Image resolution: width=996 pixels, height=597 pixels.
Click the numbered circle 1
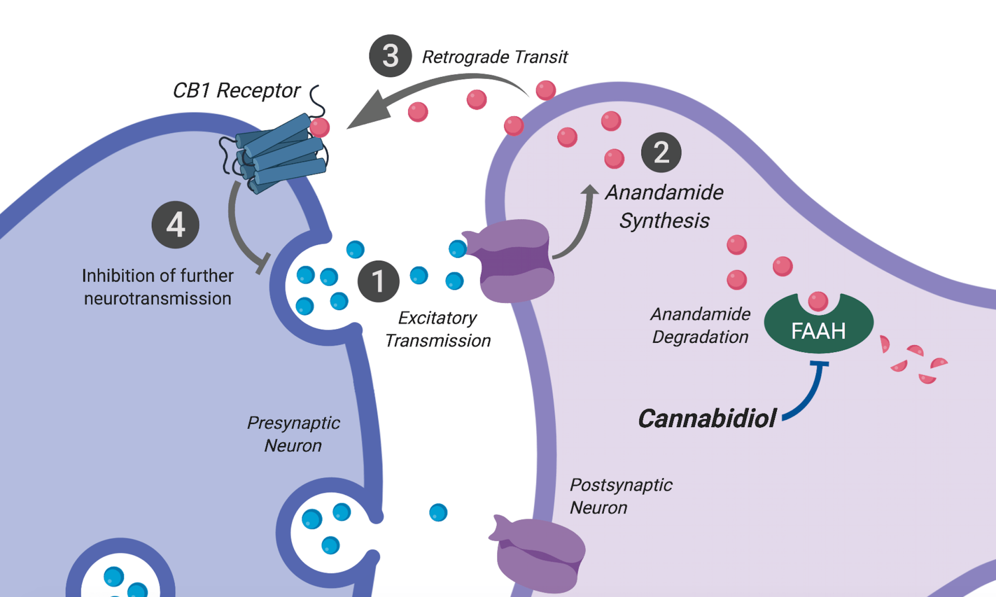tap(378, 281)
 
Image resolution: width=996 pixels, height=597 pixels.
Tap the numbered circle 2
tap(661, 152)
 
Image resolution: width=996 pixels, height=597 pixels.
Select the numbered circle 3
tap(390, 56)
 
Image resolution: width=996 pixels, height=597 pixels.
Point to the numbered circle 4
tap(175, 224)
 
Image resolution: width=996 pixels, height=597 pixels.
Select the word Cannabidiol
tap(707, 418)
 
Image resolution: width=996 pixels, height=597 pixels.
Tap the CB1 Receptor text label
tap(236, 91)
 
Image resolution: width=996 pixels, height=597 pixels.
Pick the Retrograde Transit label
tap(495, 57)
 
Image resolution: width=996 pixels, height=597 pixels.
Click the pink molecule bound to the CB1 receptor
tap(320, 127)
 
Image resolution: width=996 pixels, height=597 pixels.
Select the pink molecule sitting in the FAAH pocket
tap(818, 301)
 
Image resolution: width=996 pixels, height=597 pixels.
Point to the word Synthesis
tap(664, 221)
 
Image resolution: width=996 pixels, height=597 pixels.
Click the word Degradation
tap(700, 337)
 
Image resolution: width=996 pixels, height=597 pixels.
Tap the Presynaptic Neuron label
tap(293, 434)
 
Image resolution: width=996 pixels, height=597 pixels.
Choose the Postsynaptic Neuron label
tap(621, 496)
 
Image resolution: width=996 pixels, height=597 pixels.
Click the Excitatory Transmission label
tap(438, 329)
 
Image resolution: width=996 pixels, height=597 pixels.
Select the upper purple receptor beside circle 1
tap(513, 261)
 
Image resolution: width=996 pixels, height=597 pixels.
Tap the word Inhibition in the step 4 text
tap(117, 276)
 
